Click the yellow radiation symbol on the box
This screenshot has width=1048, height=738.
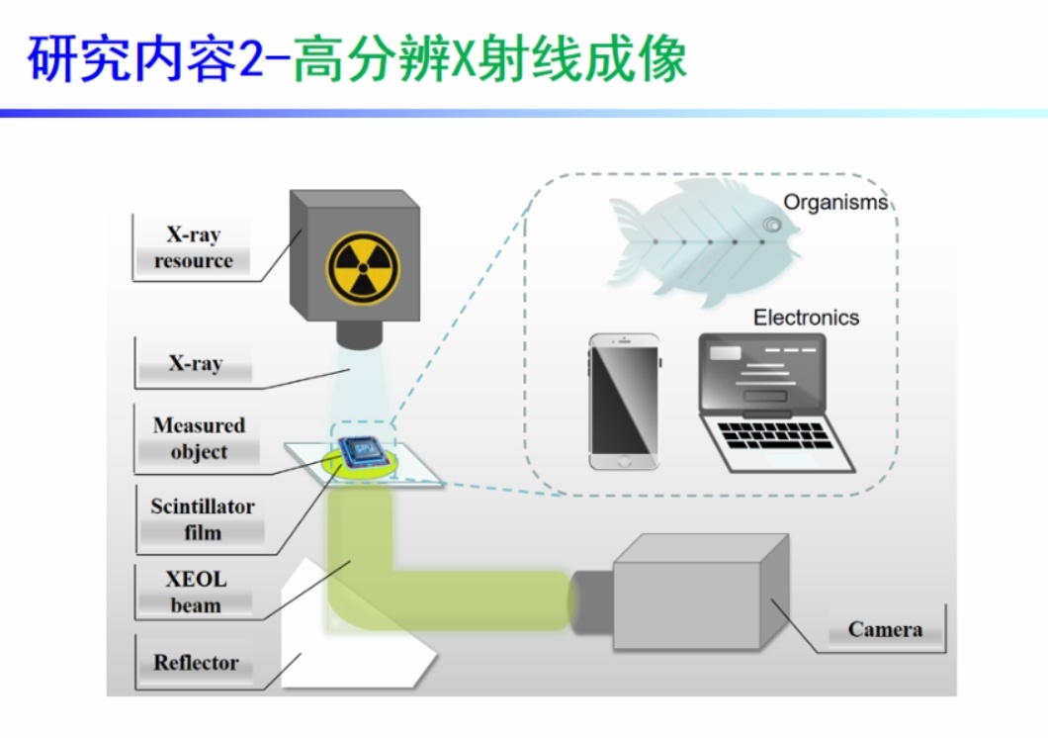tap(363, 268)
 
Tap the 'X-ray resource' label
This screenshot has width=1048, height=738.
tap(194, 248)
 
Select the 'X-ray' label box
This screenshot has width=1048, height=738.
tap(195, 363)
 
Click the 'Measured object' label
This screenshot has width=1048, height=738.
tap(199, 438)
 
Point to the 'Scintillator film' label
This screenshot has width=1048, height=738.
tap(203, 519)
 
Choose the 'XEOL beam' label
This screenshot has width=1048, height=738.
tap(196, 592)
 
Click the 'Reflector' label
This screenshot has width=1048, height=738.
tap(196, 663)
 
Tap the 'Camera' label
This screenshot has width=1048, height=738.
tap(885, 629)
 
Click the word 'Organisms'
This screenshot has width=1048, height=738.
tap(835, 203)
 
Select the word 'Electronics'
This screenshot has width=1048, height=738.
tap(806, 318)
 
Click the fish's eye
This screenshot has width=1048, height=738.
tap(770, 227)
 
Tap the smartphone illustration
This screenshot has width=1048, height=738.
tap(624, 401)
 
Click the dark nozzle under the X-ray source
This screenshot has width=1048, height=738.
tap(359, 333)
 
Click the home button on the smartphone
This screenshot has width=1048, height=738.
tap(623, 460)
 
